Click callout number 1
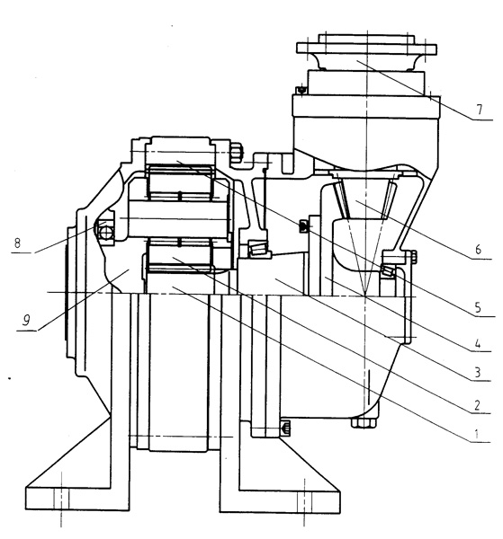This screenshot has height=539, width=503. [x=476, y=434]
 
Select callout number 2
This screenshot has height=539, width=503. [x=477, y=405]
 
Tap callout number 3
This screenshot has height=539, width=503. [x=477, y=372]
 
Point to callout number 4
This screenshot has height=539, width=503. [x=477, y=343]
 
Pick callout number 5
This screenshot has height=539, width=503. [x=478, y=307]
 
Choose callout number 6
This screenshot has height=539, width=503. [x=478, y=249]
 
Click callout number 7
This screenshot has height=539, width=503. [x=480, y=110]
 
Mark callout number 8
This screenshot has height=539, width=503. [x=17, y=243]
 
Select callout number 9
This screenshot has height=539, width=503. [x=26, y=321]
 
